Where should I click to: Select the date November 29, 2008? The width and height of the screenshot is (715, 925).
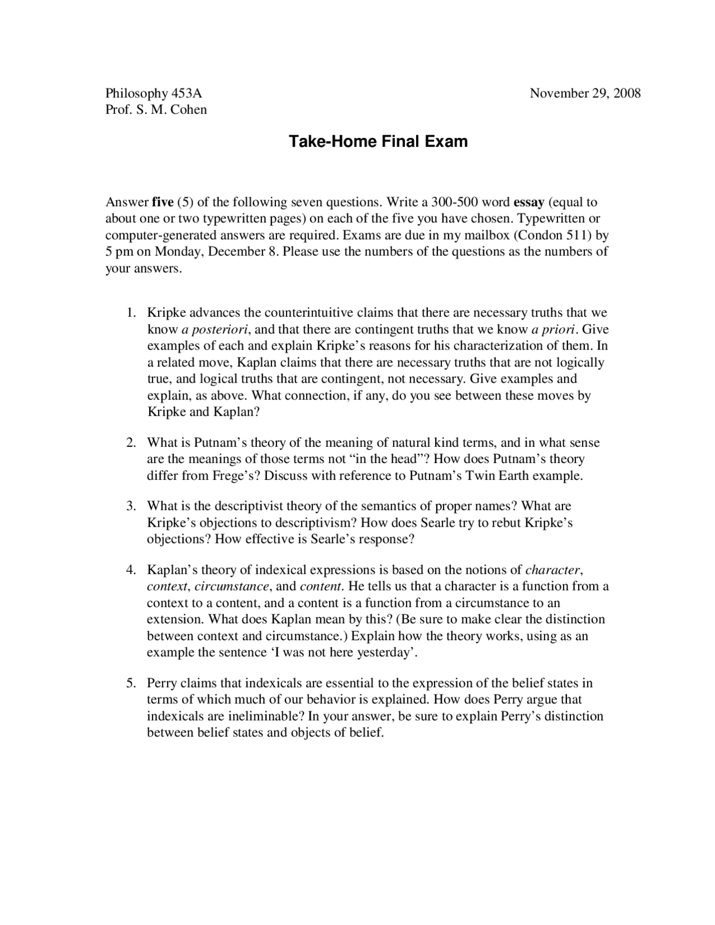[585, 93]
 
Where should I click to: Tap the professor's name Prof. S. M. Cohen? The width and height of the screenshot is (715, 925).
[156, 109]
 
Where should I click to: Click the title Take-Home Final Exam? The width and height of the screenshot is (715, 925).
[378, 142]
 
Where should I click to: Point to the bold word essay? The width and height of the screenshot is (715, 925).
[528, 202]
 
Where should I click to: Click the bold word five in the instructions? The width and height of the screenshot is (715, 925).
[163, 202]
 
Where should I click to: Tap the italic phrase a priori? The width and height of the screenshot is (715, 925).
[554, 329]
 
